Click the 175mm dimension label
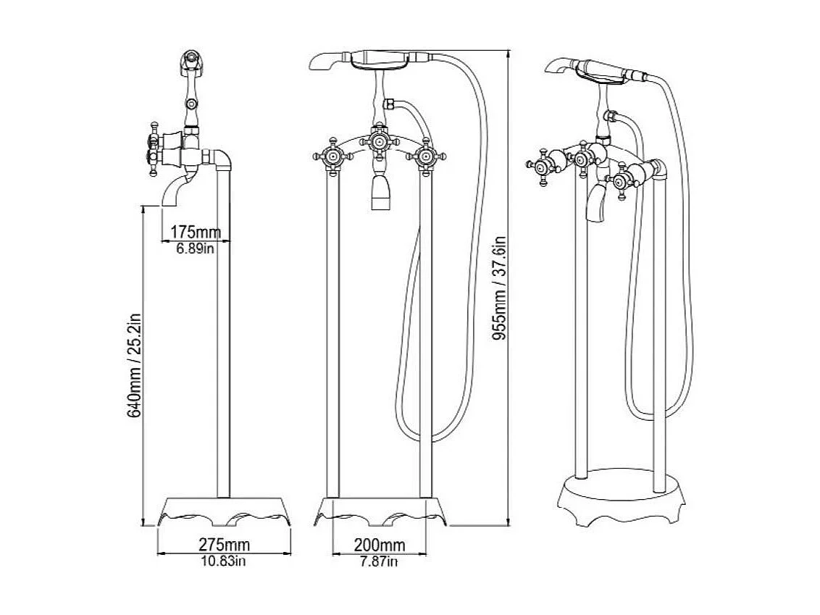pos(196,233)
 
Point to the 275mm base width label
pos(224,544)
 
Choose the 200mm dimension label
pos(380,544)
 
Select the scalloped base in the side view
pos(224,511)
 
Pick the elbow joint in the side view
pos(220,157)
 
